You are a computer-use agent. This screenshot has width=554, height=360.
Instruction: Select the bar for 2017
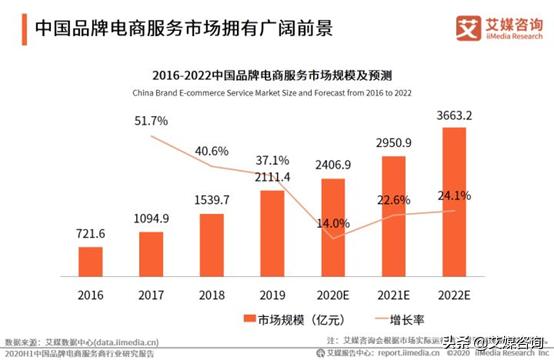pos(151,253)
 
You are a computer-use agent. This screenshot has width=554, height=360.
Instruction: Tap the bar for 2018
pos(212,244)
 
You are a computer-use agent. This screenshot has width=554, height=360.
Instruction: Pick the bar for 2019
pos(273,232)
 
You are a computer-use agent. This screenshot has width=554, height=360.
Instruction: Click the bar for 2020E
pos(334,226)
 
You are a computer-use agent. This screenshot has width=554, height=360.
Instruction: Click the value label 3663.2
pos(457,113)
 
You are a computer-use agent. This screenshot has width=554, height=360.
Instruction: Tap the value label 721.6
pos(89,233)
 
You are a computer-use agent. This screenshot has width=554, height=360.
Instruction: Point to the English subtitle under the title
pos(277,93)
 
